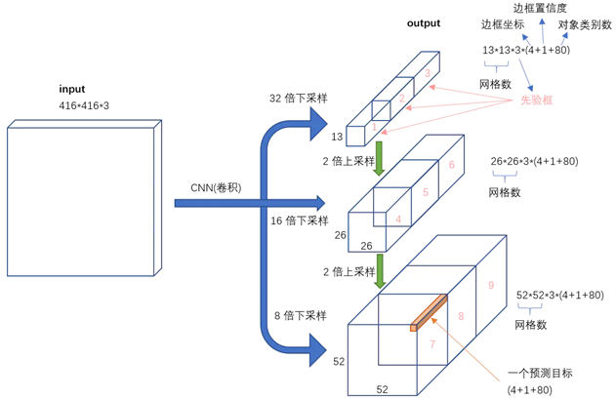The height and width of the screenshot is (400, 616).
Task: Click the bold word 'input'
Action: [72, 89]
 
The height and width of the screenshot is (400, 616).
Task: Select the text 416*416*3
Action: [84, 105]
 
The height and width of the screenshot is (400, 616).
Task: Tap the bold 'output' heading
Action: [424, 23]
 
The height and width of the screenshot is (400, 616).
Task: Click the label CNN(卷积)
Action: [216, 188]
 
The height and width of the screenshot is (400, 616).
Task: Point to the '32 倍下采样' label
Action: [298, 99]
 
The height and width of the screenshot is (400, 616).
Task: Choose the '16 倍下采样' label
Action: [300, 220]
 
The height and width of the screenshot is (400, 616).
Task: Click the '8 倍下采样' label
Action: [300, 315]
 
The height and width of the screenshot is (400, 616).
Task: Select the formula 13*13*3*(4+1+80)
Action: [526, 51]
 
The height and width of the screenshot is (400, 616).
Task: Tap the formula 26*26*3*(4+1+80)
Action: [534, 161]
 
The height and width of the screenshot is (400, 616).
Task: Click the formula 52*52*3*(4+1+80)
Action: [559, 296]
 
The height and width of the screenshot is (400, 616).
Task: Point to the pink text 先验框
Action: [536, 100]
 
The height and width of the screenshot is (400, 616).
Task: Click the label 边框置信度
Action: [540, 8]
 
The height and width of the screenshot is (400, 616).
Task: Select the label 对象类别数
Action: [585, 25]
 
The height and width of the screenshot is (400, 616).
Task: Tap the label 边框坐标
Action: [503, 24]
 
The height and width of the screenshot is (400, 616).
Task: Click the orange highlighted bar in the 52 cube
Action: [429, 313]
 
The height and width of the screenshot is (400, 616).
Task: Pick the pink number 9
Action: [491, 286]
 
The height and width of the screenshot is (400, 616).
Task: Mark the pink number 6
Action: [452, 165]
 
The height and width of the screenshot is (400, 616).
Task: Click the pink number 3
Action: [428, 73]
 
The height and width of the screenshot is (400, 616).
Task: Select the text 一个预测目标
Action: [540, 373]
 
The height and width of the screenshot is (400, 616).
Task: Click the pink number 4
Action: [398, 220]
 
